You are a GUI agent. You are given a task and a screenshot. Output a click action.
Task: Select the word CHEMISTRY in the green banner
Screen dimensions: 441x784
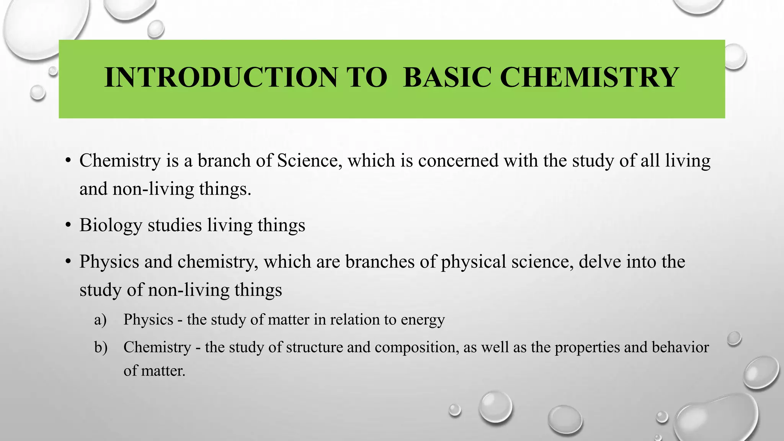589,77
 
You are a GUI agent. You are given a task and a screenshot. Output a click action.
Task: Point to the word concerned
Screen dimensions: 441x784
458,160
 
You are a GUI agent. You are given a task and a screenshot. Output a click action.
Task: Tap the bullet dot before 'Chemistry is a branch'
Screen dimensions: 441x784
68,160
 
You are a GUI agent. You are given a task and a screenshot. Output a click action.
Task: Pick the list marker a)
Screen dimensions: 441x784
100,320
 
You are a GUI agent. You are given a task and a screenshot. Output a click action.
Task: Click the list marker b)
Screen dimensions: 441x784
101,347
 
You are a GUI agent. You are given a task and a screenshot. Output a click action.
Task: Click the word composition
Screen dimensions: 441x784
416,348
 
